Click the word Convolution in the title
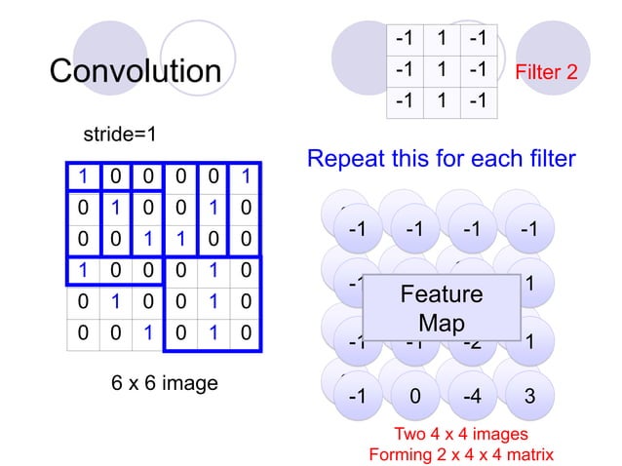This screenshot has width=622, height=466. pyautogui.click(x=136, y=71)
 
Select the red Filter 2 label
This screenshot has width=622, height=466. pyautogui.click(x=552, y=72)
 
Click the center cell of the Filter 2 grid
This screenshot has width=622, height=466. pyautogui.click(x=441, y=71)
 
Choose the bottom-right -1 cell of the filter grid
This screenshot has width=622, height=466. pyautogui.click(x=476, y=102)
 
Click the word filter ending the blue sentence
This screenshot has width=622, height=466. pyautogui.click(x=548, y=158)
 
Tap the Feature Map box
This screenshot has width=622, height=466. pyautogui.click(x=441, y=307)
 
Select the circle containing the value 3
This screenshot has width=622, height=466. pyautogui.click(x=529, y=397)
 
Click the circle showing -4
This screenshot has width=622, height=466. pyautogui.click(x=473, y=397)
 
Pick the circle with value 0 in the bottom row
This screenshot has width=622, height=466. pyautogui.click(x=416, y=397)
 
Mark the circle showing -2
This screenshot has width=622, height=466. pyautogui.click(x=473, y=342)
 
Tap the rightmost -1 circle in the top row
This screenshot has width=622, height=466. pyautogui.click(x=529, y=231)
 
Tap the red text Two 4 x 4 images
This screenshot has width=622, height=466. pyautogui.click(x=460, y=434)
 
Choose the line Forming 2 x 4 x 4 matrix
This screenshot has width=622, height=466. pyautogui.click(x=460, y=454)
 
